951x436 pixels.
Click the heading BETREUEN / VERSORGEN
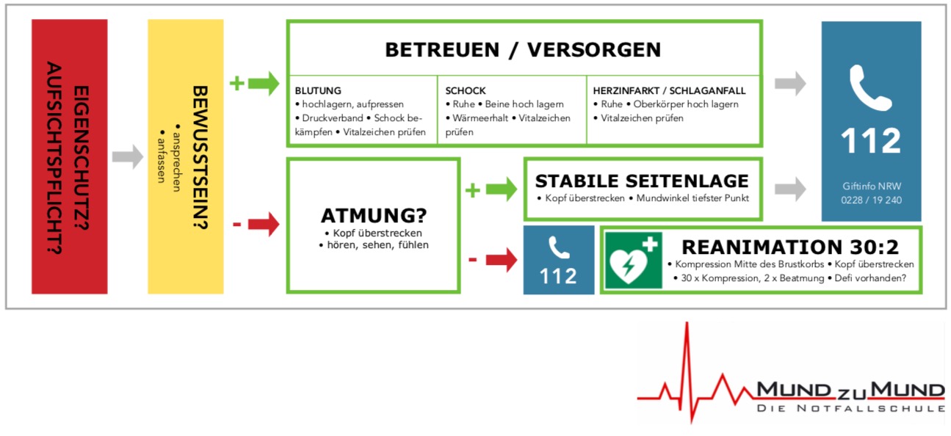click(523, 50)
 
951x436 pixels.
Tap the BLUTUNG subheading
click(318, 90)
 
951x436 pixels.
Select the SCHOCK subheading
click(466, 90)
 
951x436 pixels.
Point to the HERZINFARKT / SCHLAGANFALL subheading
click(669, 90)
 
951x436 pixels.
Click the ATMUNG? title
click(374, 215)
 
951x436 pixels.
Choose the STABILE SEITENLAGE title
click(642, 181)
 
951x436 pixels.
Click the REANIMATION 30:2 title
click(790, 247)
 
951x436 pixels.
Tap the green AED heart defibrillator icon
click(634, 261)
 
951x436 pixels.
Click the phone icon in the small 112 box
click(559, 247)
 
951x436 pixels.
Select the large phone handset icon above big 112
click(870, 88)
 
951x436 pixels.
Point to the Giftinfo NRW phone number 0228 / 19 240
click(871, 200)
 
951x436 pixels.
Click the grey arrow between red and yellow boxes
click(127, 156)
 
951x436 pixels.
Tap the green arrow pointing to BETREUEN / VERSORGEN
click(264, 83)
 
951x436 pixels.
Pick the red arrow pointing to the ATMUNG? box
click(264, 224)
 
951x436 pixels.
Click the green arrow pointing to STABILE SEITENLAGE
click(502, 189)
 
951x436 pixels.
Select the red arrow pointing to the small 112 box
click(502, 259)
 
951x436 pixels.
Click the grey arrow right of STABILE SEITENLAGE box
click(790, 189)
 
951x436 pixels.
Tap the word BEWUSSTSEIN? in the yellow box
click(200, 158)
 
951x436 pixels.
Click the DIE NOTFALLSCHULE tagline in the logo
click(850, 408)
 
